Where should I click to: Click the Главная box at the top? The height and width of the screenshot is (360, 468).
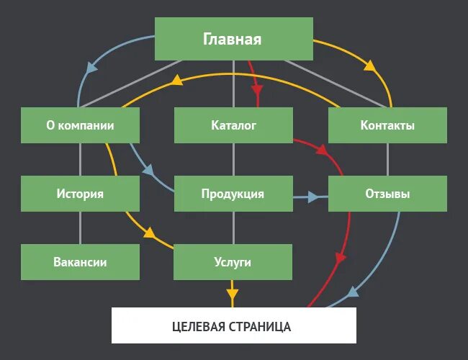[234, 39]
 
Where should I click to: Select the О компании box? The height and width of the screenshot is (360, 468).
[80, 125]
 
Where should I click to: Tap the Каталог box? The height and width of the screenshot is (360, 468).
[233, 125]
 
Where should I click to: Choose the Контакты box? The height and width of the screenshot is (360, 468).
[387, 125]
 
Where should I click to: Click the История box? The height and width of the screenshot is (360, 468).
[80, 194]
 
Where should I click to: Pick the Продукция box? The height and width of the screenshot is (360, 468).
[233, 194]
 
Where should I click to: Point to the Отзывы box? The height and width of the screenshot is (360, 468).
[387, 194]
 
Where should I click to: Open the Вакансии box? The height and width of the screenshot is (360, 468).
[80, 262]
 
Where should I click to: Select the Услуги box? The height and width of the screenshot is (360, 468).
[233, 262]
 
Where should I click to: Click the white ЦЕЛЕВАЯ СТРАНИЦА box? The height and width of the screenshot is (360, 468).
[233, 326]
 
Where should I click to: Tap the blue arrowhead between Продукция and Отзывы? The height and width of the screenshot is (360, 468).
[313, 196]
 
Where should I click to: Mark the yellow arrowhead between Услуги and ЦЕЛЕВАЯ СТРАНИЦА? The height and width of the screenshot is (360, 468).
[232, 294]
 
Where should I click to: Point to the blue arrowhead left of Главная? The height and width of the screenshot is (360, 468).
[92, 67]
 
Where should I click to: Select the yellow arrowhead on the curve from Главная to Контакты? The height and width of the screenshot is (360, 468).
[370, 66]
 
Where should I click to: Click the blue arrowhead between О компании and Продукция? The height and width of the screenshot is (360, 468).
[149, 171]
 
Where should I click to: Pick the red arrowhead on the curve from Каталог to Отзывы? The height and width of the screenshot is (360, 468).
[321, 151]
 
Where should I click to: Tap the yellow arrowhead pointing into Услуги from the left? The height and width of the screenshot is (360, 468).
[150, 233]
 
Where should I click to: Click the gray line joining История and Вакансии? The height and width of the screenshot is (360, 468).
[80, 228]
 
